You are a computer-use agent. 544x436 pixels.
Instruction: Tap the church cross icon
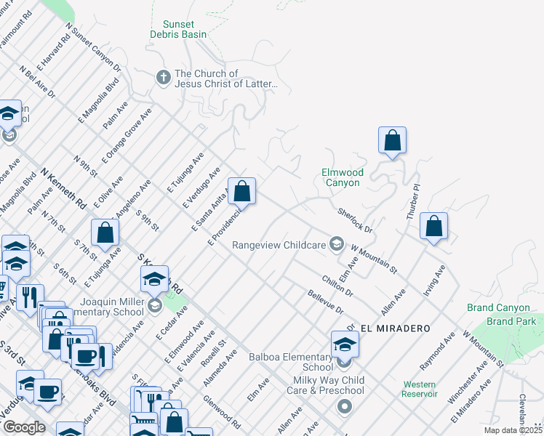(x=164, y=76)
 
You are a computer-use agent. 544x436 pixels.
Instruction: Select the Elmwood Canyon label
(x=342, y=177)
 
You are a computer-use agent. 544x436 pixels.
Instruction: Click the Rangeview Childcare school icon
(x=336, y=243)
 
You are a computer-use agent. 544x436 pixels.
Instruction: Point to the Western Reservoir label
(x=420, y=389)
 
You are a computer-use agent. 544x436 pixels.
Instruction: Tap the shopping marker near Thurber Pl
(x=392, y=140)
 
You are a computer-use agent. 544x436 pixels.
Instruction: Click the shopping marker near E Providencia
(x=242, y=192)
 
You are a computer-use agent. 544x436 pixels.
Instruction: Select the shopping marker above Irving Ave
(x=434, y=226)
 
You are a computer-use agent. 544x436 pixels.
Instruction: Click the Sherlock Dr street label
(x=355, y=219)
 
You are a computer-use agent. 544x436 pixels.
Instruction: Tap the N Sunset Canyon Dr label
(x=92, y=47)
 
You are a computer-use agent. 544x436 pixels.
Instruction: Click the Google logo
(x=24, y=427)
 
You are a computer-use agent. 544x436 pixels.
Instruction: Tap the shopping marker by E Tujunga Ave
(x=105, y=233)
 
